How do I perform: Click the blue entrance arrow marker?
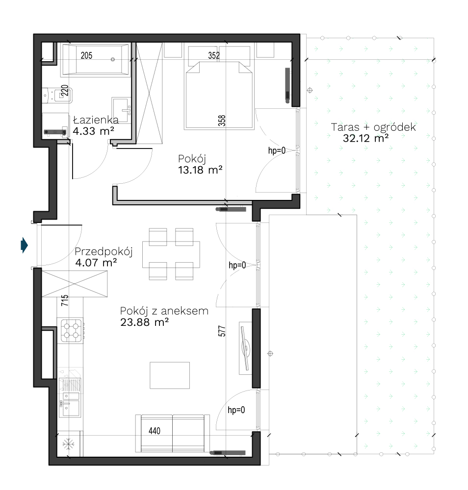tap(24, 245)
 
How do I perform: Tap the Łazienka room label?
tap(96, 120)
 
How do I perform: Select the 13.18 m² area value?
tap(200, 170)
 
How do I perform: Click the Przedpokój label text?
tap(104, 252)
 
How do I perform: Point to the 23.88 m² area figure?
tap(145, 322)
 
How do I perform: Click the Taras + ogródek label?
tap(373, 127)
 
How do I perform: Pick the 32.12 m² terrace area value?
tap(365, 138)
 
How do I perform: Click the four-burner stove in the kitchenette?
tap(71, 331)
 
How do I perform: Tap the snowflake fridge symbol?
tap(68, 444)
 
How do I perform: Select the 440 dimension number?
tap(155, 431)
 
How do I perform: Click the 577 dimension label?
tap(222, 331)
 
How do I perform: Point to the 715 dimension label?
tap(65, 300)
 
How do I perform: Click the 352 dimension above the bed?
tap(214, 56)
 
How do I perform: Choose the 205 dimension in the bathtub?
tap(87, 56)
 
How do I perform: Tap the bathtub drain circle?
tap(113, 59)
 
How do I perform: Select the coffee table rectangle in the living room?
tap(170, 375)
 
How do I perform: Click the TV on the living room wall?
tap(246, 348)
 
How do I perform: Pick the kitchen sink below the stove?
tap(70, 397)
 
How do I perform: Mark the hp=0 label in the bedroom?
tap(277, 150)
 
